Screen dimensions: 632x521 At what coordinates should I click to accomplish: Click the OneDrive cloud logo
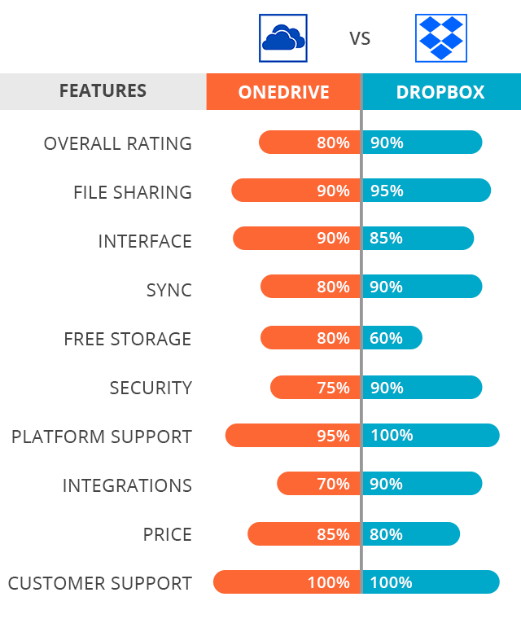[282, 37]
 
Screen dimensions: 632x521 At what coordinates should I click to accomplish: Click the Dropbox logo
[440, 37]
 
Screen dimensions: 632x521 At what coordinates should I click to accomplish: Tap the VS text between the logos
[360, 38]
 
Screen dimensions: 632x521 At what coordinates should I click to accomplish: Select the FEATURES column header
[103, 91]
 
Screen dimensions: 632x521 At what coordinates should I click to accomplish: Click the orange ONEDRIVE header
[283, 92]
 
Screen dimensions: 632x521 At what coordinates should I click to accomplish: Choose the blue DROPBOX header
[440, 92]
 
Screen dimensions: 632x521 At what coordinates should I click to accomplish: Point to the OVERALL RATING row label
[117, 143]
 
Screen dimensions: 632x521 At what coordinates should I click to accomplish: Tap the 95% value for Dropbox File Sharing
[387, 191]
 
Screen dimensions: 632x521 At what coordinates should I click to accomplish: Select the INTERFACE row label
[145, 241]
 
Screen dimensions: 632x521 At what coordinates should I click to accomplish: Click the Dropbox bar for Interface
[418, 239]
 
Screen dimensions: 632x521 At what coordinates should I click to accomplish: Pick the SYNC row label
[169, 290]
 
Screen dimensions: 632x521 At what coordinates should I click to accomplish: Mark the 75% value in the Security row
[333, 388]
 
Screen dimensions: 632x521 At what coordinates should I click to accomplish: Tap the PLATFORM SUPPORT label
[102, 437]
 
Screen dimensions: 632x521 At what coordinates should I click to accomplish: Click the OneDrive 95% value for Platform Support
[333, 436]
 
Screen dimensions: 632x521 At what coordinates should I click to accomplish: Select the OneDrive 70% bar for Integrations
[318, 484]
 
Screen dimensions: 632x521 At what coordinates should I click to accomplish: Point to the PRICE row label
[168, 534]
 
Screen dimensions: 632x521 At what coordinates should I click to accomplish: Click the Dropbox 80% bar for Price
[411, 534]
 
